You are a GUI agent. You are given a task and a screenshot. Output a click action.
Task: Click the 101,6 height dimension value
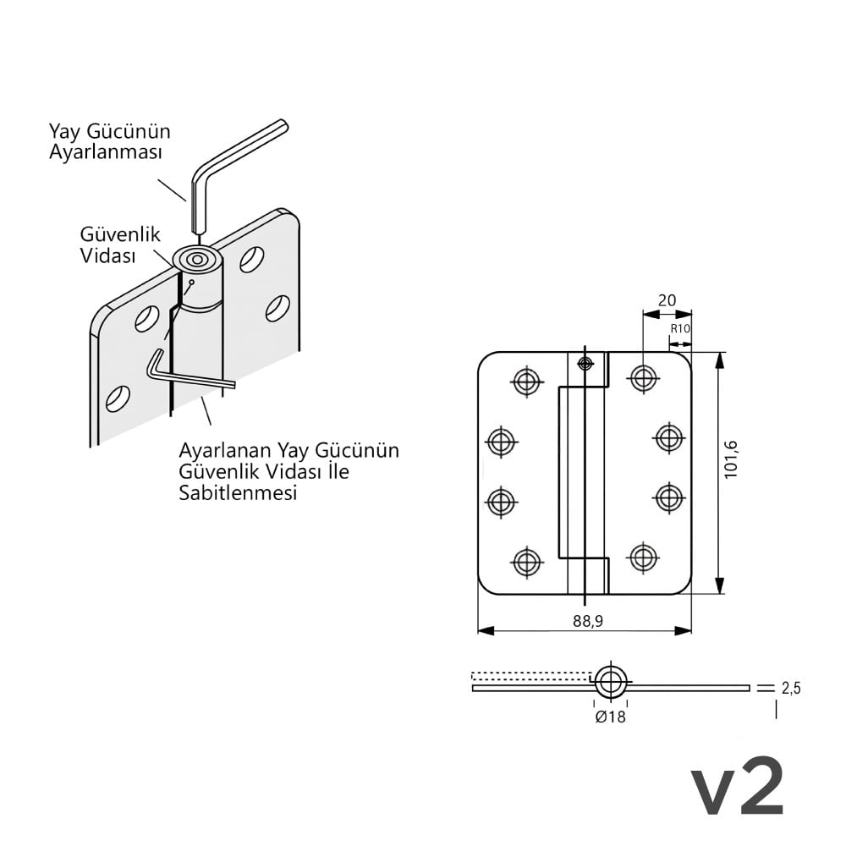pos(730,459)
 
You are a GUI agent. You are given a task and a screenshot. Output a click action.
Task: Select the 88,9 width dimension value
pos(588,622)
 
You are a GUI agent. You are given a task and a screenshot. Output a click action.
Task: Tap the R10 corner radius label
pos(680,328)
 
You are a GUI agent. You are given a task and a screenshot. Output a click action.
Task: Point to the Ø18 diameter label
pos(611,717)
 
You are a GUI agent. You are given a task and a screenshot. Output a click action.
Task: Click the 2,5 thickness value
pos(791,688)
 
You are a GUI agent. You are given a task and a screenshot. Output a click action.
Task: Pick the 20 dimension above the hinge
pos(667,300)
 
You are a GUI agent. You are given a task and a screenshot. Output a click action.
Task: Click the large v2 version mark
pos(738,786)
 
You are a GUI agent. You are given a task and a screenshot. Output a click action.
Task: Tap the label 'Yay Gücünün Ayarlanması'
pos(109,141)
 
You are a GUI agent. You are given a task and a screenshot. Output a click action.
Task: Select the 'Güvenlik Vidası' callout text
pos(120,245)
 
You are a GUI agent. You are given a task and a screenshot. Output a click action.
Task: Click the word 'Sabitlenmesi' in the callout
pos(238,492)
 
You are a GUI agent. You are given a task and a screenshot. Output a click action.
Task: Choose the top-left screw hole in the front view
pos(526,381)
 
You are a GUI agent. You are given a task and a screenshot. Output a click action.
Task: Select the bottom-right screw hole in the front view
pos(644,558)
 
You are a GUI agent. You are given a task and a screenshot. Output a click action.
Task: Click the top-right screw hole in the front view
pos(644,377)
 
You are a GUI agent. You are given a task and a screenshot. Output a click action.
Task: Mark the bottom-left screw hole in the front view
pos(526,562)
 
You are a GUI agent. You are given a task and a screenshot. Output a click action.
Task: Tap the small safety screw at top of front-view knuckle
pos(585,363)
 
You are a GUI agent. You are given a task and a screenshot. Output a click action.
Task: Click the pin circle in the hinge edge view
pos(611,682)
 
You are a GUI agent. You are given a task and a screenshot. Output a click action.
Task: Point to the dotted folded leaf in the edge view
pos(532,676)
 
